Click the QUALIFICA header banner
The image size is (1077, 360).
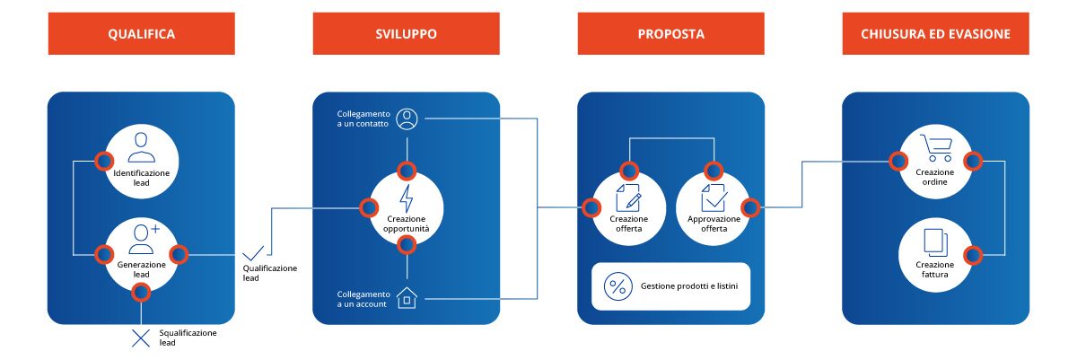coord(141,34)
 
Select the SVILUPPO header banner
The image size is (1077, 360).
coord(406,34)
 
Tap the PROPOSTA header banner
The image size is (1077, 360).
coord(670,34)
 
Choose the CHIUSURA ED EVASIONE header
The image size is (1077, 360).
coord(935,34)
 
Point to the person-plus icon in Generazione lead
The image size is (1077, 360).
coord(144,238)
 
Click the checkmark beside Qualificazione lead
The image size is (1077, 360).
coord(255,252)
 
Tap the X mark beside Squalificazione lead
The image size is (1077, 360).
coord(141,338)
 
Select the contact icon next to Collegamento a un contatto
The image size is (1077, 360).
coord(407,117)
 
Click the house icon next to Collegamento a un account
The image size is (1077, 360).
coord(407,297)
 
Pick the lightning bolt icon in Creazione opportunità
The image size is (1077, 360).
coord(407,198)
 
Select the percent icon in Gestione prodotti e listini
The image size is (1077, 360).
coord(617,286)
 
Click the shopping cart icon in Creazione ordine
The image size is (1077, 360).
coord(935,147)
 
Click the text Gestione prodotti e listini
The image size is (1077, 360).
coord(689,286)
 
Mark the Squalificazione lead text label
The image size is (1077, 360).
coord(188,338)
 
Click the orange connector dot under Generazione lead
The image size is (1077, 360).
coord(141,291)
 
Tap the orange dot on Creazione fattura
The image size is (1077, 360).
coord(972,255)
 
